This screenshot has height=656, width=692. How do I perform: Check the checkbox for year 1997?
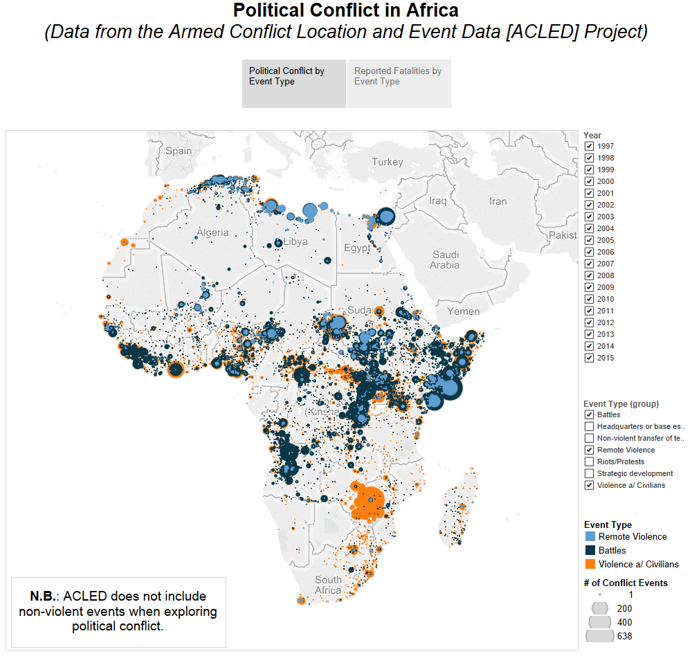pos(589,147)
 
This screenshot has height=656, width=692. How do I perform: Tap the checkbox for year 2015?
pos(589,358)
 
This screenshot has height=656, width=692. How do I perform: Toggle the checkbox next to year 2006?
pos(589,253)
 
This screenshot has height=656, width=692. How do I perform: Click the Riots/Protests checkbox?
pos(589,462)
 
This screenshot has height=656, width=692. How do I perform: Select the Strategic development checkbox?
pos(589,473)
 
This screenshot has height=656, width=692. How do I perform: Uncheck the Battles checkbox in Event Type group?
pos(589,414)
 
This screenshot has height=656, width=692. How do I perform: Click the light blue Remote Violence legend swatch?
pos(590,536)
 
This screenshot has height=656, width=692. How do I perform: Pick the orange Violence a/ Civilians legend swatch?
pos(590,564)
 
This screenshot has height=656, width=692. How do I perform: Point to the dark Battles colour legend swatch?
pos(590,550)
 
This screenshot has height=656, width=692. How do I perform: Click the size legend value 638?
pos(624,636)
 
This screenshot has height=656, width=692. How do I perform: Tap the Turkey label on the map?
pos(387,162)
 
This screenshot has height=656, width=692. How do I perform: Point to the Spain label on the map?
pos(179,151)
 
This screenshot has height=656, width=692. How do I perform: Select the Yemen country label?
pos(463,311)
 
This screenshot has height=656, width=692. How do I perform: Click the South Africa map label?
pos(328,585)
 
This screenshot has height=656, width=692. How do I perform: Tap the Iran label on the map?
pos(498,201)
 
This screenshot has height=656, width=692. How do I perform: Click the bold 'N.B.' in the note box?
pos(44,596)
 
